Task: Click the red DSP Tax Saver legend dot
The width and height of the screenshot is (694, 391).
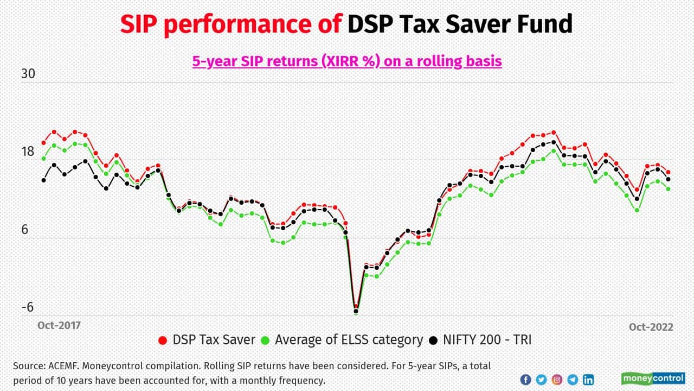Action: tap(163, 340)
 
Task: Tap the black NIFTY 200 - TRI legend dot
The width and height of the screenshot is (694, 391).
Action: tap(433, 340)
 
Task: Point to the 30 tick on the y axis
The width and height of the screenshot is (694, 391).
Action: tap(28, 74)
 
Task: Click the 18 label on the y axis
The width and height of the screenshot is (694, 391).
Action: tap(28, 152)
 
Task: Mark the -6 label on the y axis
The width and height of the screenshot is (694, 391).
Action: tap(27, 307)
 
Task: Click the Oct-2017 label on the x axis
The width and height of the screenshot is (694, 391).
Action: tap(59, 325)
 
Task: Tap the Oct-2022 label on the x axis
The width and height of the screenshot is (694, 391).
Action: tap(651, 327)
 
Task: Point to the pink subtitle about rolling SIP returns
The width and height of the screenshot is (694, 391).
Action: tap(347, 61)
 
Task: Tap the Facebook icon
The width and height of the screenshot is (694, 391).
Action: tap(525, 380)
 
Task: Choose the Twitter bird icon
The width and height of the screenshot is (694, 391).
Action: tap(541, 380)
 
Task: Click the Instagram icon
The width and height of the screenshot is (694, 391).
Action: tap(557, 380)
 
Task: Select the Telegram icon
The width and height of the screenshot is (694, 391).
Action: tap(573, 380)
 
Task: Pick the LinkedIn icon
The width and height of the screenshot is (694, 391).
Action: tap(588, 380)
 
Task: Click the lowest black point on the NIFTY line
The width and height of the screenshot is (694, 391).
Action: tap(356, 312)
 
